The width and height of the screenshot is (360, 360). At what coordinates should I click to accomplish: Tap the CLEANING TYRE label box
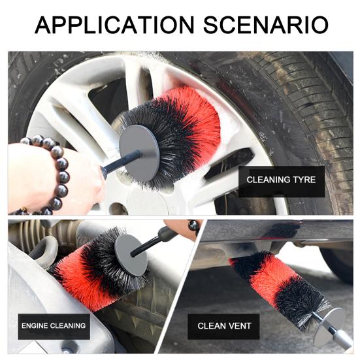(x=281, y=180)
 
